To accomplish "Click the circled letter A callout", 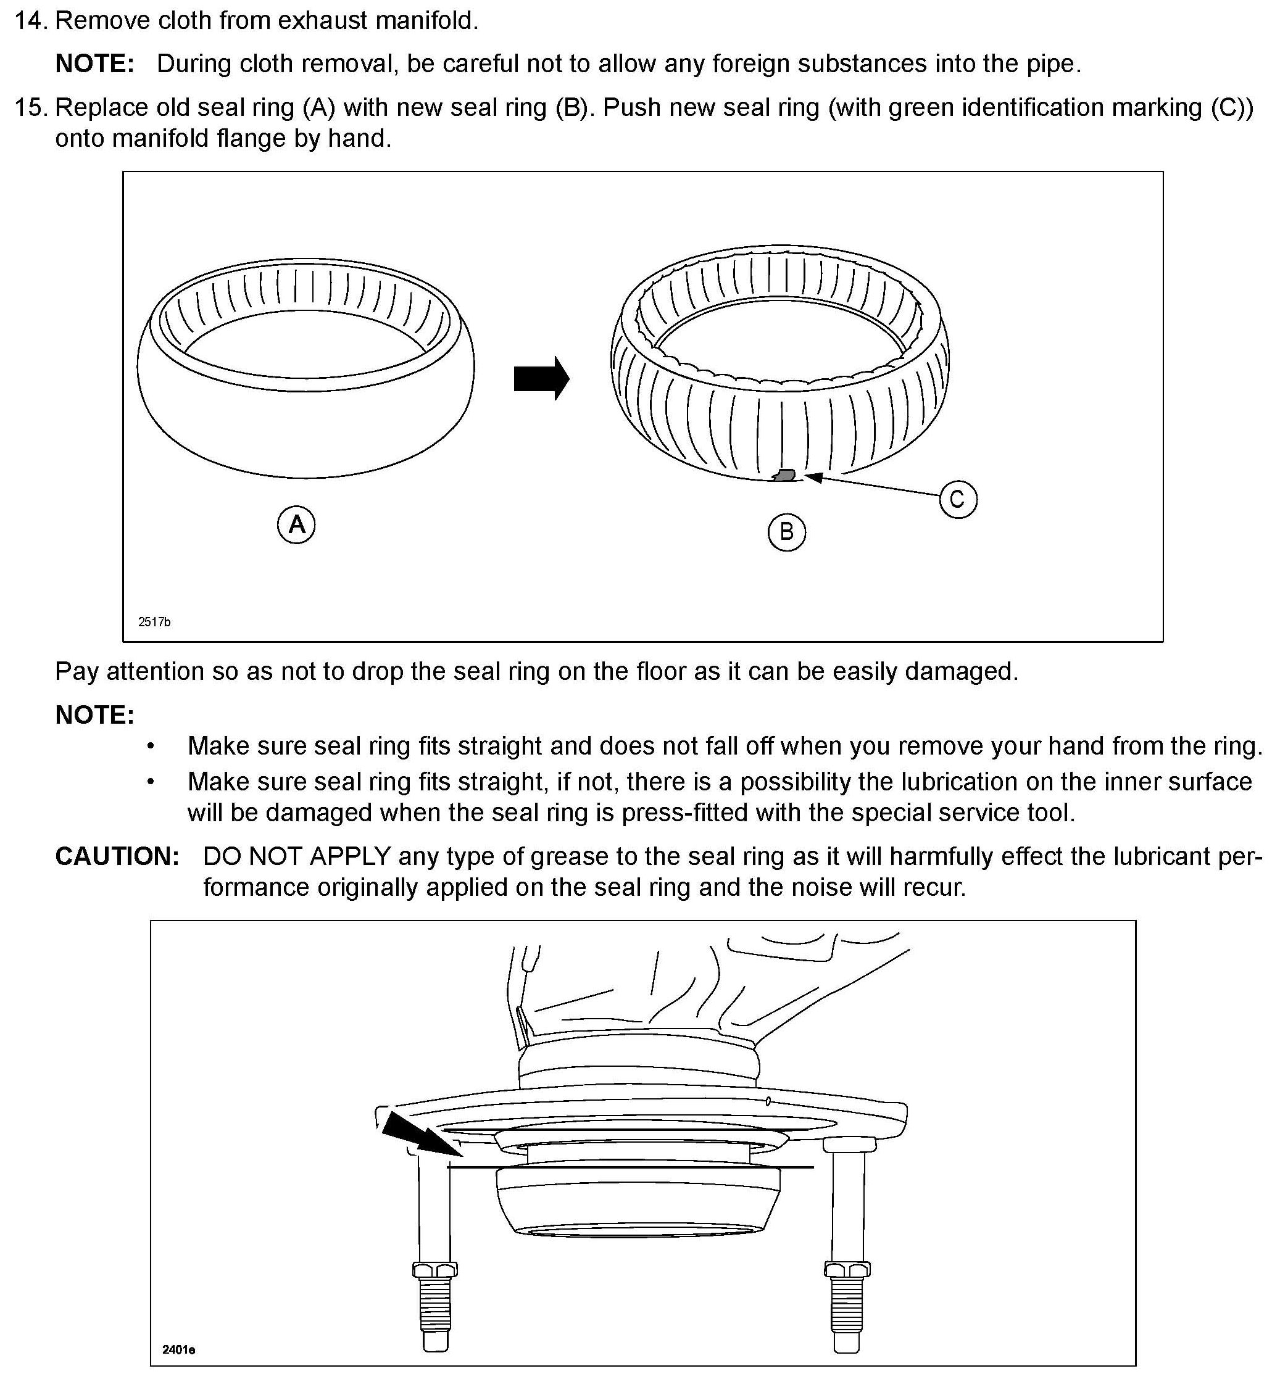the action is (296, 524).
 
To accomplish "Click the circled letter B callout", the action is (786, 532).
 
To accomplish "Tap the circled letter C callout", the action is (958, 499).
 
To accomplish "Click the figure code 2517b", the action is (154, 622).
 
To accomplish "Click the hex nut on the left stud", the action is (434, 1269).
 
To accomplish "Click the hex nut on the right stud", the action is (847, 1269).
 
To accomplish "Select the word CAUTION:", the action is (117, 856).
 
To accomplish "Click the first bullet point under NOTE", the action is (151, 747).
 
